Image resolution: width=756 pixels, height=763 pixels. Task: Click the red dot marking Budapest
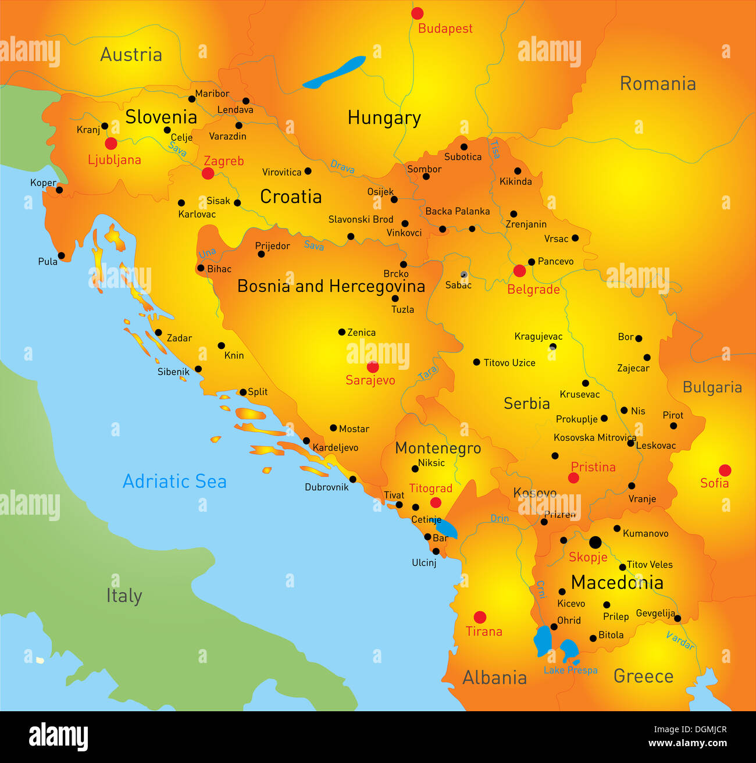pyautogui.click(x=417, y=13)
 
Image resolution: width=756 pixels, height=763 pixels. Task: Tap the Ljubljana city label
pyautogui.click(x=115, y=160)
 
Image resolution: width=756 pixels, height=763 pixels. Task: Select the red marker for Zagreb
pyautogui.click(x=208, y=173)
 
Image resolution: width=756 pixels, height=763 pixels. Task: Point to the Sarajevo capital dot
pyautogui.click(x=373, y=367)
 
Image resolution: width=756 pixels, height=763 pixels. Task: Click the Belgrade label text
pyautogui.click(x=533, y=290)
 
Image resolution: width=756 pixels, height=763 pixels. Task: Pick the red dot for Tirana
pyautogui.click(x=480, y=617)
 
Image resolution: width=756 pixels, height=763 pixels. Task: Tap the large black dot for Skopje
pyautogui.click(x=595, y=543)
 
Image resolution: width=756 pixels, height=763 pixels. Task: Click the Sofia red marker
pyautogui.click(x=725, y=470)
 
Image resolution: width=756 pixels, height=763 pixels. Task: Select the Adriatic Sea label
pyautogui.click(x=174, y=482)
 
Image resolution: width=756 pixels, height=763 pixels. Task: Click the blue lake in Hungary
pyautogui.click(x=334, y=72)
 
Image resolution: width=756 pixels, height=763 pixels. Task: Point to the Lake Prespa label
pyautogui.click(x=570, y=671)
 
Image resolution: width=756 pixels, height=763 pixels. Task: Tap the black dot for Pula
pyautogui.click(x=62, y=256)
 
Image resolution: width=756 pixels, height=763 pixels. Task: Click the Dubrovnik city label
pyautogui.click(x=326, y=487)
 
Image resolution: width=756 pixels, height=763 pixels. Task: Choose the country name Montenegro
pyautogui.click(x=438, y=448)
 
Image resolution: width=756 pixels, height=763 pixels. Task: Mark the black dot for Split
pyautogui.click(x=243, y=392)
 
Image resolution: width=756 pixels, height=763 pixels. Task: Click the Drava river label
pyautogui.click(x=343, y=167)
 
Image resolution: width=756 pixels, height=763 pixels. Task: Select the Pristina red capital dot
pyautogui.click(x=573, y=478)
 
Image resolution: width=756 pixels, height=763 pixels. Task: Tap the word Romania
pyautogui.click(x=658, y=84)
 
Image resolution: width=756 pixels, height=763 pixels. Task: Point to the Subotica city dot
pyautogui.click(x=464, y=147)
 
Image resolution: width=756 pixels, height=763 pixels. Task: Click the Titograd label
pyautogui.click(x=430, y=489)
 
